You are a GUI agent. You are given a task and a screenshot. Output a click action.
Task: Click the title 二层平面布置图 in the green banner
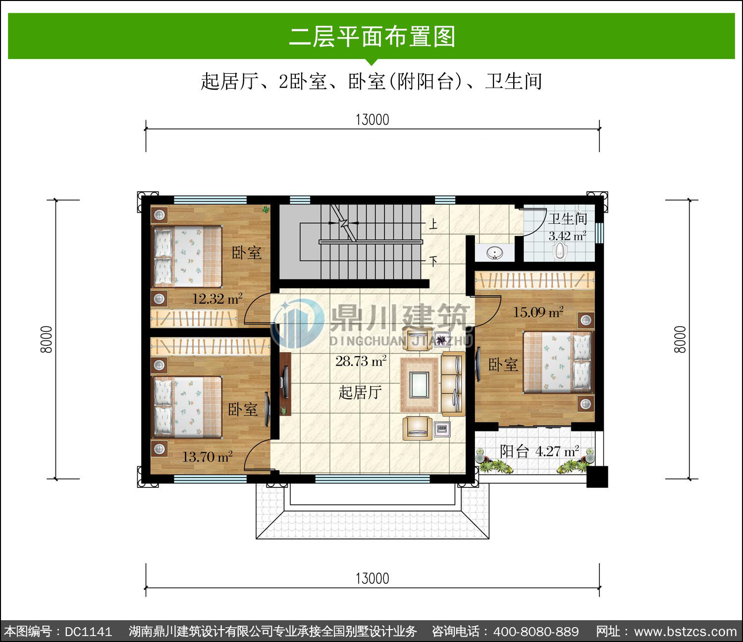(372, 36)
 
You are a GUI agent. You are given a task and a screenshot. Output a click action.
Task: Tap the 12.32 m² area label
(217, 299)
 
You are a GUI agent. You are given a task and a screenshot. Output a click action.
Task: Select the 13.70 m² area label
(208, 457)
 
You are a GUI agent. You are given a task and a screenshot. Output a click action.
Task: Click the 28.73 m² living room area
(361, 361)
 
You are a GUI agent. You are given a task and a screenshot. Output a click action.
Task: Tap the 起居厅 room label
(360, 392)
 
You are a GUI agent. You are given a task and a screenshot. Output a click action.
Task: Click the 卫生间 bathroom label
(567, 218)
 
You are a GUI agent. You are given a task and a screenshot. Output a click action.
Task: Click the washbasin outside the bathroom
(495, 253)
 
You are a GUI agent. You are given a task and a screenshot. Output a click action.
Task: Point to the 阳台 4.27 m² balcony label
(539, 451)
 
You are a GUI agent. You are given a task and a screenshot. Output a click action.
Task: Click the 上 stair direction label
(433, 224)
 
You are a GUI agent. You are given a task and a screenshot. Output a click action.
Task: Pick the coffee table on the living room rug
(419, 384)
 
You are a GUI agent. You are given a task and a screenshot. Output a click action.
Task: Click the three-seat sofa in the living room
(453, 383)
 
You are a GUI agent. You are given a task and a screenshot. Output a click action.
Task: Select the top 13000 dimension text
(372, 120)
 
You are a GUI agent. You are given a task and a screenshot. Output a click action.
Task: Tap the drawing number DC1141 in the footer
(89, 631)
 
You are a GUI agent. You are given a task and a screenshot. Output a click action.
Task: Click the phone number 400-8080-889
(536, 631)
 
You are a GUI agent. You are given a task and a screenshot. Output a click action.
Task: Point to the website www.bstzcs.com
(686, 631)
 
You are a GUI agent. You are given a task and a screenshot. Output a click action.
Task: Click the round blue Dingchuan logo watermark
(298, 323)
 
